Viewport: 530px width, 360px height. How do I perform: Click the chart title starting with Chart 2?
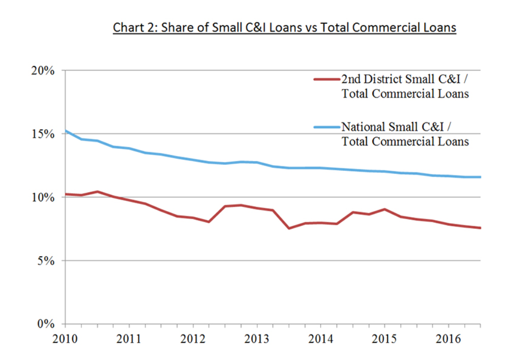pyautogui.click(x=284, y=27)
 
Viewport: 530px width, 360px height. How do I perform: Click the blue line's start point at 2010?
pyautogui.click(x=66, y=131)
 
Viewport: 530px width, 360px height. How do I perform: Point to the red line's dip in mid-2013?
pyautogui.click(x=289, y=228)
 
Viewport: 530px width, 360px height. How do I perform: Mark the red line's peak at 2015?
pyautogui.click(x=384, y=209)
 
